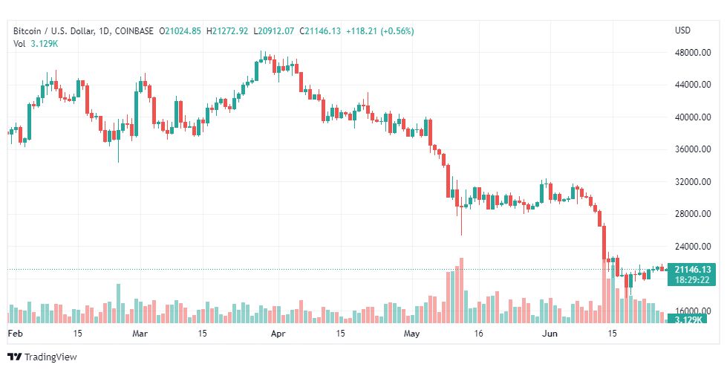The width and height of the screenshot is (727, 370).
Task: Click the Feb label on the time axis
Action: pos(14,334)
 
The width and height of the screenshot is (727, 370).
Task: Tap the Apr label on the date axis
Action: pos(278,334)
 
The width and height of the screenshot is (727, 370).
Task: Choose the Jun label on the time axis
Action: pos(550,334)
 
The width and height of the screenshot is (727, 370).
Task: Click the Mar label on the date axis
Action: pos(140,334)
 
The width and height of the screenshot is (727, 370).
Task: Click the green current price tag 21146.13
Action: pos(692,269)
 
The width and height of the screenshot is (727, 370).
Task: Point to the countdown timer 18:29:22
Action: pos(692,279)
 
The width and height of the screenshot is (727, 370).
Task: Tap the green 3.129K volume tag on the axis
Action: pos(686,319)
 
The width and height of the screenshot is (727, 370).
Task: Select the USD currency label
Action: pos(682,30)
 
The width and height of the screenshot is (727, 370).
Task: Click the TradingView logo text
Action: pos(50,357)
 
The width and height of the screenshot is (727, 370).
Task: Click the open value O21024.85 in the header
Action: pos(182,31)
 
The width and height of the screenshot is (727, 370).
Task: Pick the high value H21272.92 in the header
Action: pos(229,31)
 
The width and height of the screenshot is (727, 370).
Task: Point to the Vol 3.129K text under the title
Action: pos(36,44)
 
